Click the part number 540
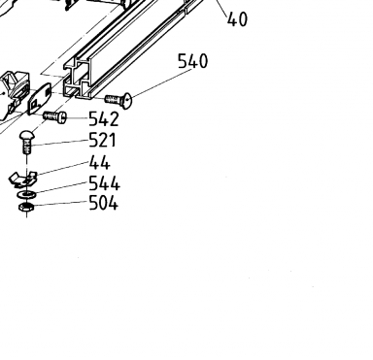coord(193,61)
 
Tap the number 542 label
coord(104,118)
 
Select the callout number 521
coord(102,140)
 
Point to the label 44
coord(100,162)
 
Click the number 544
coord(104,183)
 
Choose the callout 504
coord(103,204)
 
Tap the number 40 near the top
coord(237,19)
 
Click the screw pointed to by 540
coord(119,100)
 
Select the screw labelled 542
coord(55,116)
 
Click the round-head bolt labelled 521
coord(26,142)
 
